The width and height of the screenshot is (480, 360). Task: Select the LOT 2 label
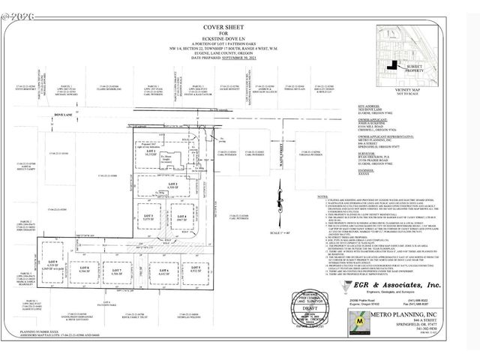point(172,184)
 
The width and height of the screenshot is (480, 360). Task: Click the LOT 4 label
point(181,216)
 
